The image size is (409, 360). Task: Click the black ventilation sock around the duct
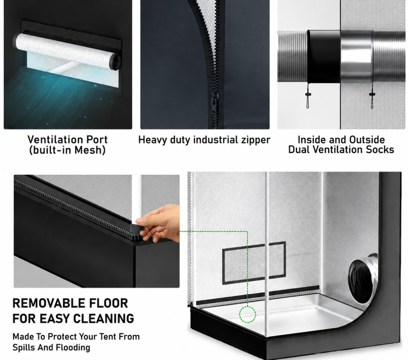point(324,56)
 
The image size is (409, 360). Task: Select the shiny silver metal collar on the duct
point(356,56)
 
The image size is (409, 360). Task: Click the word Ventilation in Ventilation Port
point(54,140)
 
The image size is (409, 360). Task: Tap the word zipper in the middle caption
point(255,140)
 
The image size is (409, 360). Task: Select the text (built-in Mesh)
point(67,150)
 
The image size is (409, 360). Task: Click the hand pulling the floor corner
point(159,223)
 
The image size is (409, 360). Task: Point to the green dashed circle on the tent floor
point(247,314)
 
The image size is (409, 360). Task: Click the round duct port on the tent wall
point(363,279)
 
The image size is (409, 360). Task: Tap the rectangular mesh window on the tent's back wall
point(254,263)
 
